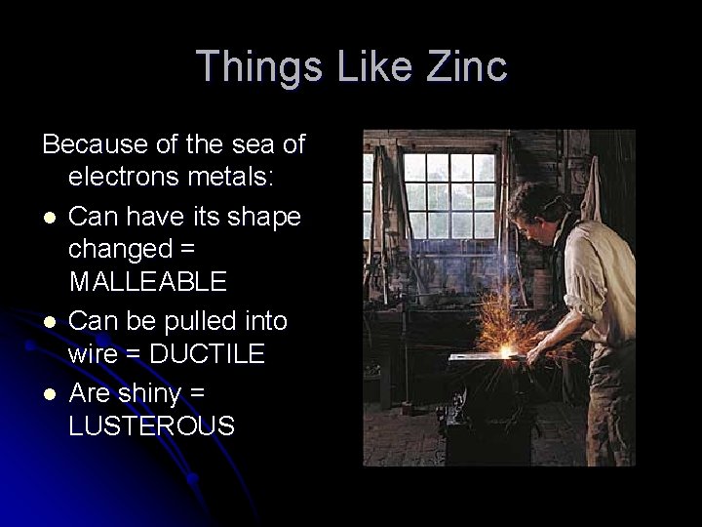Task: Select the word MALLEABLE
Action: pos(147,283)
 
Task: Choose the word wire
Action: pos(94,354)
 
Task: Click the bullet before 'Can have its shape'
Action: pos(48,216)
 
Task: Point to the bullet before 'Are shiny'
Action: pos(48,392)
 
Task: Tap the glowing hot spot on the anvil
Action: pos(506,349)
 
